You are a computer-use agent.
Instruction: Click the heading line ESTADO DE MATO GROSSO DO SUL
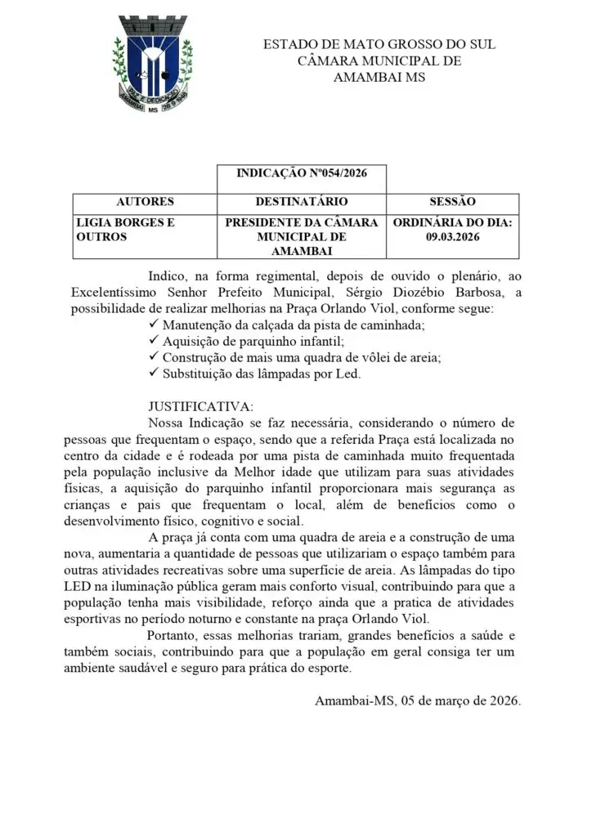379,44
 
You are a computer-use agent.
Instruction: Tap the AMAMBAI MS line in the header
379,77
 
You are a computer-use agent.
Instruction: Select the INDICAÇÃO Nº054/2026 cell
300,174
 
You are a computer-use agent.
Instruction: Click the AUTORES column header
145,201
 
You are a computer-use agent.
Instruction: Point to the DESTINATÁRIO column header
301,201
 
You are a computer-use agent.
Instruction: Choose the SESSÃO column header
452,201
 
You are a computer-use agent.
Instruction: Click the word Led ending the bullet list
348,374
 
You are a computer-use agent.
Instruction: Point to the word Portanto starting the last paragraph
173,636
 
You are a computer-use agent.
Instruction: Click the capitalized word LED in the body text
78,588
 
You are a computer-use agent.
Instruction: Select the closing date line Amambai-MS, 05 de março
417,700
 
